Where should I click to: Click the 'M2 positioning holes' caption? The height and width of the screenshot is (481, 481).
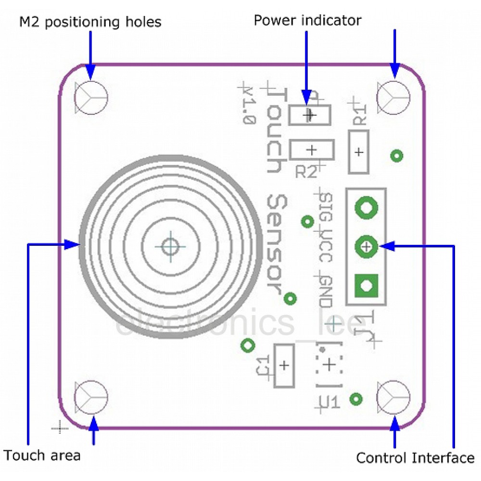point(90,22)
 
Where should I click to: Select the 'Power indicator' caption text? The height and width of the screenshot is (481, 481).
point(307,21)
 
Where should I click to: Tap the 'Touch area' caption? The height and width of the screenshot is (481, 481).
point(42,455)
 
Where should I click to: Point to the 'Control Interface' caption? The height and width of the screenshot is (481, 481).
point(415,458)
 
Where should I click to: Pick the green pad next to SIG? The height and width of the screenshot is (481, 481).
point(366,208)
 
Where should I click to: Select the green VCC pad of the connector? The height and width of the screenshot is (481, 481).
point(366,247)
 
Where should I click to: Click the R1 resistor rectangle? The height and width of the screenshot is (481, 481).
point(359,152)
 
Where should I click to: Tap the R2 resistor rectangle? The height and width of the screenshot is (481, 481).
point(312,150)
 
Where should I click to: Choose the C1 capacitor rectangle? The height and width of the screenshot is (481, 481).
point(284,366)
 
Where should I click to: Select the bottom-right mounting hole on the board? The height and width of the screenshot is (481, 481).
point(393,397)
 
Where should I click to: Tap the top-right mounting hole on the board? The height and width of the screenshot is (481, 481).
point(393,97)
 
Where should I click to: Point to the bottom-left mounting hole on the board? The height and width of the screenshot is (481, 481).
point(91,397)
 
